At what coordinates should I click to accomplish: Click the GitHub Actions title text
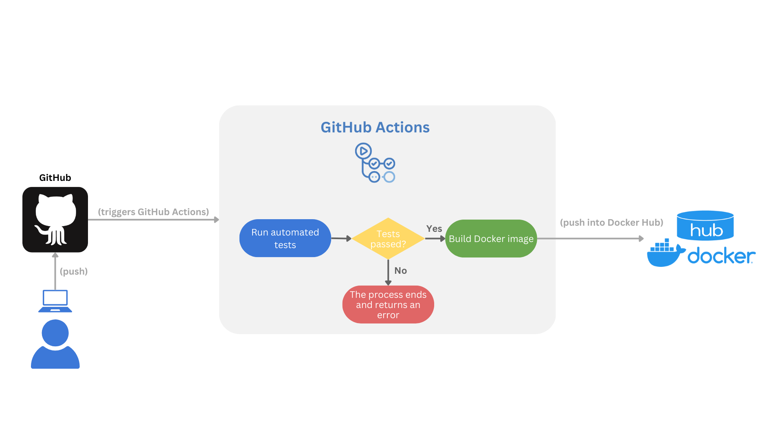click(x=375, y=128)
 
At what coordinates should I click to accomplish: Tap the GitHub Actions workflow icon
click(x=375, y=163)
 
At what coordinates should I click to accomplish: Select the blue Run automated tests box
click(x=285, y=238)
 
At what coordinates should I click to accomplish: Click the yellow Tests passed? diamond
click(x=388, y=238)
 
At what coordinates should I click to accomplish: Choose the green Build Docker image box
click(x=491, y=239)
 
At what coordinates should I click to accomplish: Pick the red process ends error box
click(x=388, y=305)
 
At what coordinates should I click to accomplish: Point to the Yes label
click(x=434, y=229)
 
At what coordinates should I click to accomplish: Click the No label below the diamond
click(x=400, y=271)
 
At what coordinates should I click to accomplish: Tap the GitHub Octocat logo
click(x=55, y=220)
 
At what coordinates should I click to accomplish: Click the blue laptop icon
click(x=55, y=301)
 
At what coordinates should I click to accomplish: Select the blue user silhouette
click(x=55, y=344)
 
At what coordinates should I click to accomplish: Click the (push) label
click(x=74, y=271)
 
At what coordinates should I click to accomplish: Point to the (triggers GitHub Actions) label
click(x=153, y=212)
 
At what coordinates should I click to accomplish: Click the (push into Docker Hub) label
click(x=611, y=222)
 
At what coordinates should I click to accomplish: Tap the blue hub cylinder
click(x=705, y=226)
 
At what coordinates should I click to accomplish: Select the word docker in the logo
click(x=721, y=256)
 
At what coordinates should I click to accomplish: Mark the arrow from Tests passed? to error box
click(x=388, y=272)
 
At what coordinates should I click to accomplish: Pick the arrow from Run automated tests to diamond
click(x=341, y=238)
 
